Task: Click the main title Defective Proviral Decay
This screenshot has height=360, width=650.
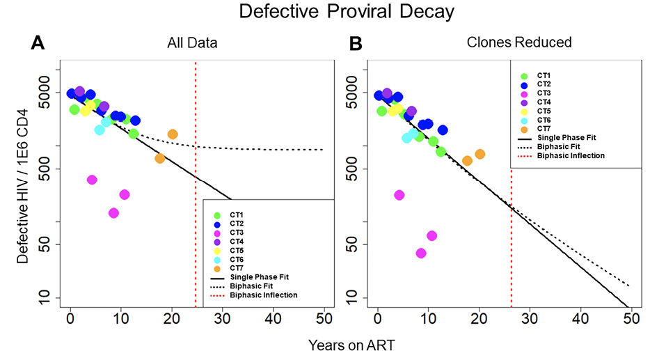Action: pyautogui.click(x=324, y=12)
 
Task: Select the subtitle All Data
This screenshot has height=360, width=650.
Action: pyautogui.click(x=193, y=43)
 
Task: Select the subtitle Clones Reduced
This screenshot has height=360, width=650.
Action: pyautogui.click(x=518, y=43)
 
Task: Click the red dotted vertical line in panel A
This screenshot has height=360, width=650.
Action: pyautogui.click(x=196, y=174)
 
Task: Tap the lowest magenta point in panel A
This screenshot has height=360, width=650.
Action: pyautogui.click(x=114, y=213)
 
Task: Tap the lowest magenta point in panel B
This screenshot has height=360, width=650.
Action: pyautogui.click(x=420, y=253)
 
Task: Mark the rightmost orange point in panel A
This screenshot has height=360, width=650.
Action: pyautogui.click(x=173, y=134)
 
